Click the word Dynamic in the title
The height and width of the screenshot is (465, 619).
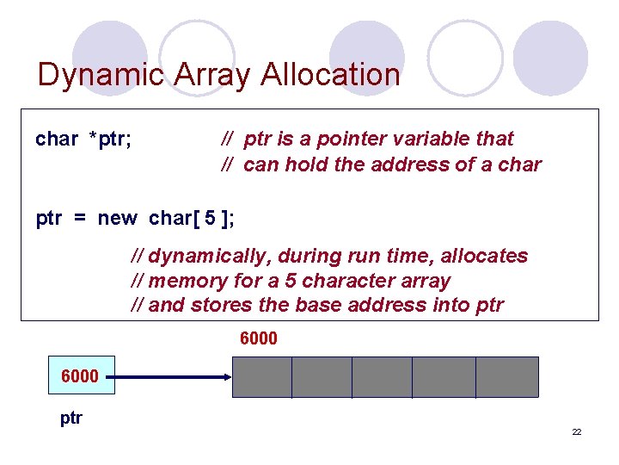click(91, 75)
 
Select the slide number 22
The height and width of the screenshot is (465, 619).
click(577, 431)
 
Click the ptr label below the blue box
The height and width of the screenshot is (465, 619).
click(71, 418)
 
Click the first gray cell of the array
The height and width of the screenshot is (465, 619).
click(262, 377)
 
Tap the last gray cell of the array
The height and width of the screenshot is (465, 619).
click(507, 377)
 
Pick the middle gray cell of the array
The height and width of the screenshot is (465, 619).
click(382, 377)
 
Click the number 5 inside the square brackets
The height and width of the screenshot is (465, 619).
click(210, 218)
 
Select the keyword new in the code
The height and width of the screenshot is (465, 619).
click(117, 218)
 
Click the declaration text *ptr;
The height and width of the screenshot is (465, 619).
click(110, 139)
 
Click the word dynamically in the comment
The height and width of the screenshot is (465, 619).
click(201, 256)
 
